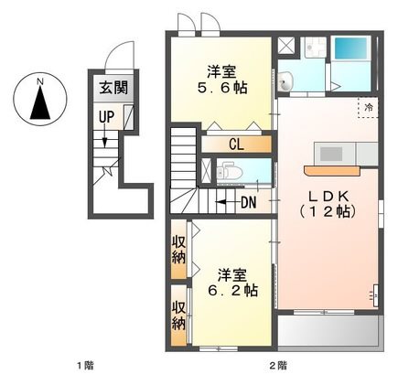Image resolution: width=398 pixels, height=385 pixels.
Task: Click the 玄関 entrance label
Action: [x=113, y=88]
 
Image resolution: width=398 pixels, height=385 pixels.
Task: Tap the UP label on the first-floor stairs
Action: [x=106, y=117]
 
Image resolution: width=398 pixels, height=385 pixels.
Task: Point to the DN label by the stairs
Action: [x=249, y=202]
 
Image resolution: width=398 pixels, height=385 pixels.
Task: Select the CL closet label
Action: [x=236, y=144]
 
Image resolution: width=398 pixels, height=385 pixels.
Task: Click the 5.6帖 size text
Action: [x=222, y=88]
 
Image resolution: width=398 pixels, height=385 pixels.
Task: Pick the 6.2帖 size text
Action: [x=232, y=291]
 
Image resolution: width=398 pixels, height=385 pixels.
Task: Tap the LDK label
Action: [x=328, y=197]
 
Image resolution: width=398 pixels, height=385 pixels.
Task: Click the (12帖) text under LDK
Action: [x=328, y=211]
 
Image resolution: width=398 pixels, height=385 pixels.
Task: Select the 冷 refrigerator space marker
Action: [x=369, y=107]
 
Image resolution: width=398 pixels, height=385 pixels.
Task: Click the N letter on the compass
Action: [x=40, y=81]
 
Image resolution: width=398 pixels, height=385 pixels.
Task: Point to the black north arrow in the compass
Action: [x=40, y=102]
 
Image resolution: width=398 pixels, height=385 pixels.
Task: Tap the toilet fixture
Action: [x=229, y=173]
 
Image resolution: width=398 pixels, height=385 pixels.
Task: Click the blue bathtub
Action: [x=350, y=48]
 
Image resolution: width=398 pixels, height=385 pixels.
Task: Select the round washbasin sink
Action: [x=285, y=81]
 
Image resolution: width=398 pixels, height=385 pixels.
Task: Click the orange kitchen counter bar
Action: [x=332, y=171]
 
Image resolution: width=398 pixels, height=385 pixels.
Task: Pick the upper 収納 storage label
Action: [x=178, y=250]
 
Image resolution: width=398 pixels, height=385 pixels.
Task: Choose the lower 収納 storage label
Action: [x=178, y=315]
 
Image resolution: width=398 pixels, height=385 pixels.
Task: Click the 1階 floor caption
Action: [x=85, y=365]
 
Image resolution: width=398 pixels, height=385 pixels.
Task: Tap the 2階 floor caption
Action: [x=278, y=365]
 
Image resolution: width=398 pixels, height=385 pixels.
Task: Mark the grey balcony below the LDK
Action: [x=328, y=330]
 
